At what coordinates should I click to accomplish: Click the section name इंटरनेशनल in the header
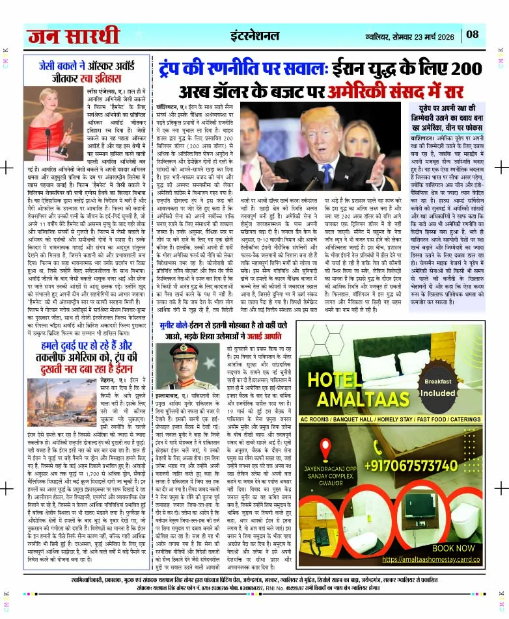[260, 34]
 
